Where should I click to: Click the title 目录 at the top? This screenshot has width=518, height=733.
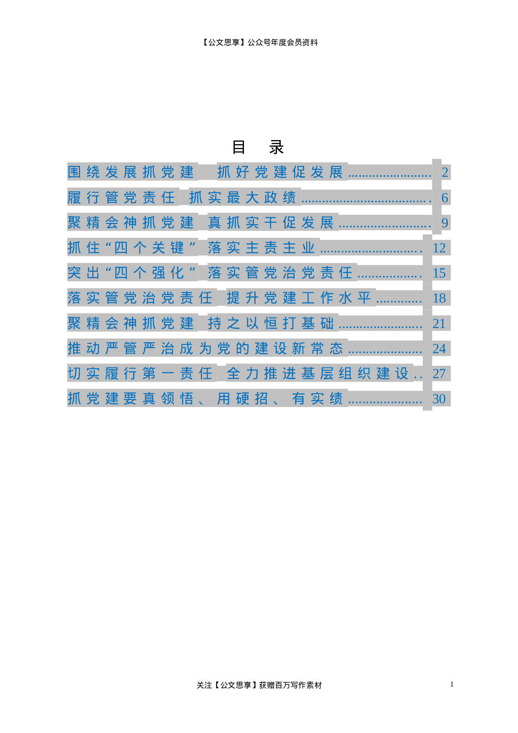[258, 148]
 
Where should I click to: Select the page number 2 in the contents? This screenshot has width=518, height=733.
[445, 172]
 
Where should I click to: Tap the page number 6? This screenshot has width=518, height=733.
[445, 198]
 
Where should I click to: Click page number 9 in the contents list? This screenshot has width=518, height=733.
[445, 223]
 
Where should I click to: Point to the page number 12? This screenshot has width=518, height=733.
[439, 248]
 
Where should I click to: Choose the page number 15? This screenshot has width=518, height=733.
[439, 273]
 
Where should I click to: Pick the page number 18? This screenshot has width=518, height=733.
[439, 298]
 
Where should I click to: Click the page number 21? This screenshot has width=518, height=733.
[439, 323]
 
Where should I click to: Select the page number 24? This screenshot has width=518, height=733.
[439, 349]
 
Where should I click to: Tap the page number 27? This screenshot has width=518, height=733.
[439, 374]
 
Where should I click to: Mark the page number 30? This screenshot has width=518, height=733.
[439, 399]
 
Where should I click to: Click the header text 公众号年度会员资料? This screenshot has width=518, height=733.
[282, 43]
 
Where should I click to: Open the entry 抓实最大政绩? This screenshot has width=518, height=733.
[242, 198]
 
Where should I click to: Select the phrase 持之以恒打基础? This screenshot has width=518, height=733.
[271, 323]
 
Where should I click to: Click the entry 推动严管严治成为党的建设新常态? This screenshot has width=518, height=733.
[205, 349]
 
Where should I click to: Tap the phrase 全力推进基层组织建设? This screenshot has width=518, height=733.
[317, 374]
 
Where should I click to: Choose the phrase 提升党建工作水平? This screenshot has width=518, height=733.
[299, 298]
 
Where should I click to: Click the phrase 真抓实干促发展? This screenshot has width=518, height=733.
[271, 223]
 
